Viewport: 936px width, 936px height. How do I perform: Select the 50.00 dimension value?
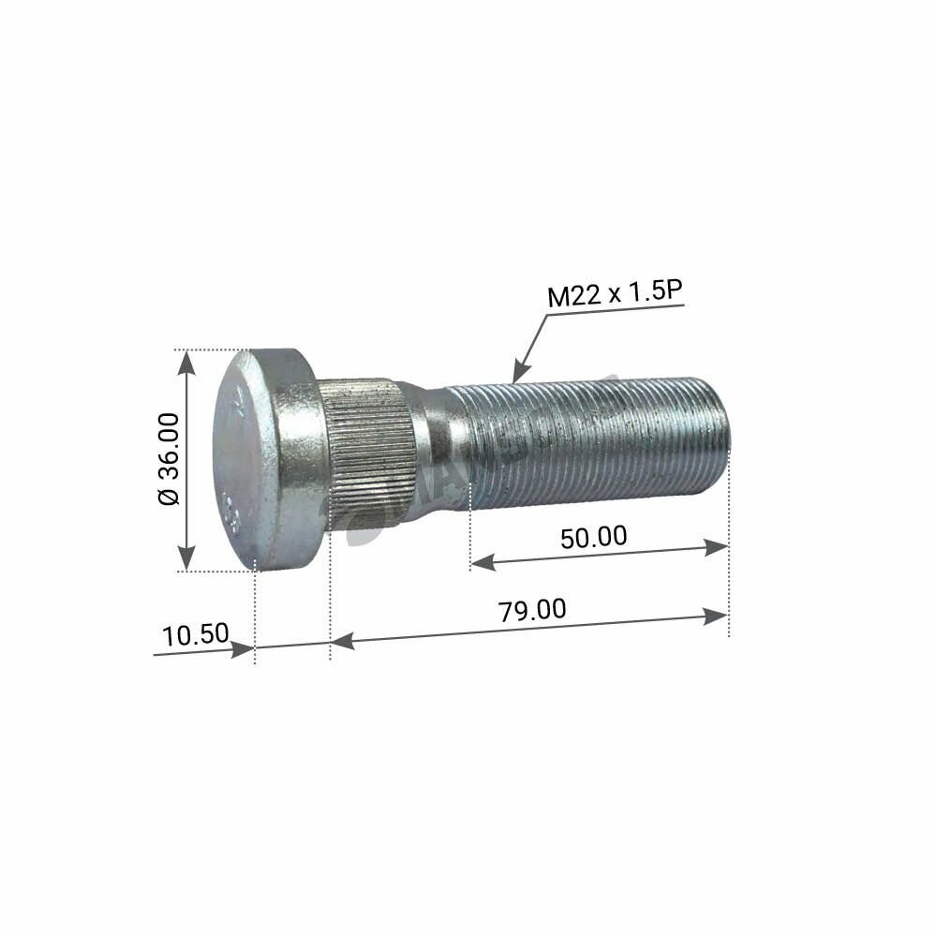click(x=593, y=538)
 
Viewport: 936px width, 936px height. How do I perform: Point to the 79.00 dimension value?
click(x=531, y=610)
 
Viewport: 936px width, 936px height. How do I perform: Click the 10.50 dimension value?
click(x=195, y=634)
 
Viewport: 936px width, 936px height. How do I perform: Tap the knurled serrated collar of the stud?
click(x=370, y=454)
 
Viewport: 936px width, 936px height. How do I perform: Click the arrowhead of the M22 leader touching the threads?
click(x=518, y=375)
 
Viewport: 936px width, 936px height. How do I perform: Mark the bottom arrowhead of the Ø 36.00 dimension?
click(x=187, y=560)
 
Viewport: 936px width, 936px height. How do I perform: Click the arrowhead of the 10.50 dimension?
click(x=245, y=647)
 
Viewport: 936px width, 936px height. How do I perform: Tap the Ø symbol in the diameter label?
click(x=169, y=498)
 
